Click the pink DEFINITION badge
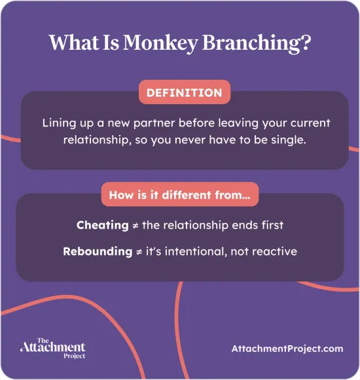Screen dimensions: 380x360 [184, 93]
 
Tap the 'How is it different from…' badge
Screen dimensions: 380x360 [179, 195]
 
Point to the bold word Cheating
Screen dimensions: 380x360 [103, 225]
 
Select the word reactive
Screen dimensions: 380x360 [276, 251]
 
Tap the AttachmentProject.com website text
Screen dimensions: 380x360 [287, 349]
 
